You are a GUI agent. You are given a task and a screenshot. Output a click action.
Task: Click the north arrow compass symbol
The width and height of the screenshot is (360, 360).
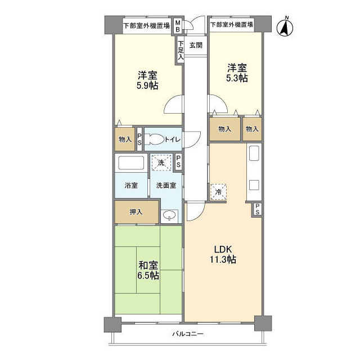pyautogui.click(x=285, y=28)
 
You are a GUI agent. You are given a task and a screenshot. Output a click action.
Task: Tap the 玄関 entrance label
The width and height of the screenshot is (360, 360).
pyautogui.click(x=196, y=45)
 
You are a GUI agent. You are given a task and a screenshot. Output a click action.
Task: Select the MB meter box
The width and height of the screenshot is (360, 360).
pyautogui.click(x=178, y=26)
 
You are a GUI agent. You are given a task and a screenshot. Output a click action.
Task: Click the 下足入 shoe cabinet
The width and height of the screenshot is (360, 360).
pyautogui.click(x=181, y=50)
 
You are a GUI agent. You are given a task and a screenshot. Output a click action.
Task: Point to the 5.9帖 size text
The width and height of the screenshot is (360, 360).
pyautogui.click(x=147, y=86)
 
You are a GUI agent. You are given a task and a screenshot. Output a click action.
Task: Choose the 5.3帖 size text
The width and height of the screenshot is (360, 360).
pyautogui.click(x=237, y=78)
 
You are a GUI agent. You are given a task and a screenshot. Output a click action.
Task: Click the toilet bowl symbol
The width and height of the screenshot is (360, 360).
pyautogui.click(x=155, y=139)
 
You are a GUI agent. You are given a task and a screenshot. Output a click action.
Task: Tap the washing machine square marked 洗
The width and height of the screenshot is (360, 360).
pyautogui.click(x=161, y=163)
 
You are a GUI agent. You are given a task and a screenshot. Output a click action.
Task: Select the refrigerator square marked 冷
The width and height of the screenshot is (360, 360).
pyautogui.click(x=218, y=192)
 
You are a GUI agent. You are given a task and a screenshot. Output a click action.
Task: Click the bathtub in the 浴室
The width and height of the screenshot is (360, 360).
pyautogui.click(x=131, y=163)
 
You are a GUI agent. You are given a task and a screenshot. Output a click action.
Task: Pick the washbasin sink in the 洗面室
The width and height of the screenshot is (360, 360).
pyautogui.click(x=169, y=215)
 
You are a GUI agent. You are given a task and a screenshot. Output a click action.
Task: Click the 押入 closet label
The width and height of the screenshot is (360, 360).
pyautogui.click(x=136, y=212)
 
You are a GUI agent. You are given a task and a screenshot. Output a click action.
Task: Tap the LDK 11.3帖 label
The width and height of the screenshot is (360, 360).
pyautogui.click(x=223, y=254)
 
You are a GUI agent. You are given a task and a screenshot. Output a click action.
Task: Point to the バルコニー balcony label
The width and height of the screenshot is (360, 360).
pyautogui.click(x=188, y=334)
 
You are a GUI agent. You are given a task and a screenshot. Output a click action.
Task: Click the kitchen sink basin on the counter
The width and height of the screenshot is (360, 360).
pyautogui.click(x=254, y=154)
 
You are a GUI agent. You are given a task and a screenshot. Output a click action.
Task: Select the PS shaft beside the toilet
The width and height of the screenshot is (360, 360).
pyautogui.click(x=139, y=139)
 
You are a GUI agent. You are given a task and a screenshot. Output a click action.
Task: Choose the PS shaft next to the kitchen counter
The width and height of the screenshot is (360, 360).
pyautogui.click(x=258, y=209)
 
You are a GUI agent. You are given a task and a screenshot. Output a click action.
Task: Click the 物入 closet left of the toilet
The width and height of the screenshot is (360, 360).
pyautogui.click(x=125, y=139)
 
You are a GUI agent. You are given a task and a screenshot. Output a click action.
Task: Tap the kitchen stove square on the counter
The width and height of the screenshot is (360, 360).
pyautogui.click(x=254, y=185)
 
